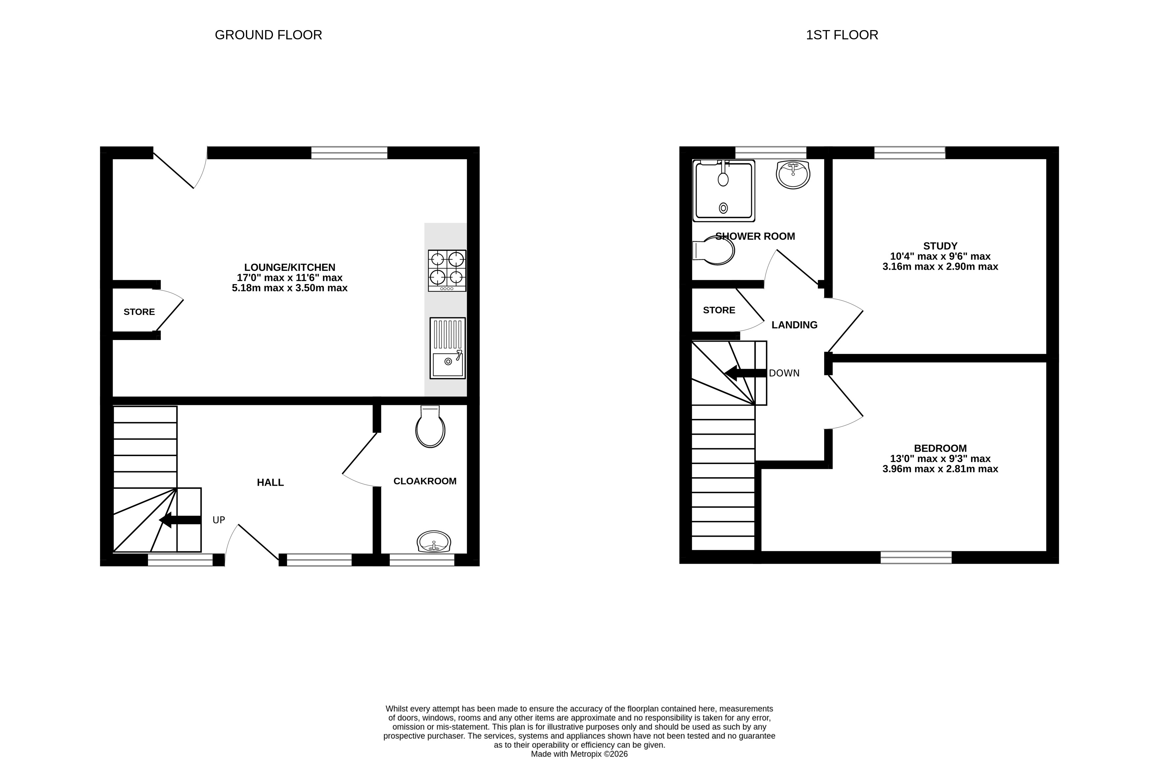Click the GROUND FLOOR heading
click(x=268, y=35)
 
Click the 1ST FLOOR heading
click(x=842, y=35)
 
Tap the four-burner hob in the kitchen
click(x=447, y=271)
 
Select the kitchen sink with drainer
click(x=447, y=348)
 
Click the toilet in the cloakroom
click(x=431, y=427)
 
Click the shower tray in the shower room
click(x=724, y=190)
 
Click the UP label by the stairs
click(x=219, y=520)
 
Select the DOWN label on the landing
click(x=784, y=373)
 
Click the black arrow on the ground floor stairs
click(x=180, y=520)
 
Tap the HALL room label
click(x=270, y=483)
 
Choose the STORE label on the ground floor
click(x=139, y=312)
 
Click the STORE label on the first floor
click(x=719, y=310)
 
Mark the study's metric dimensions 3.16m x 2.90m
click(x=940, y=267)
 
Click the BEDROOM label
click(x=940, y=448)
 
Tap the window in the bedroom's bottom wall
click(x=916, y=557)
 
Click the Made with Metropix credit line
click(x=580, y=754)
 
